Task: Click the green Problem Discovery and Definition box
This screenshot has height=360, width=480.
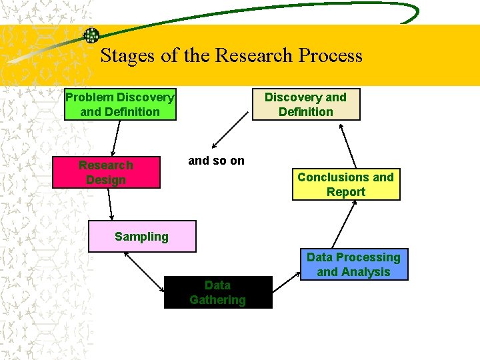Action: (120, 105)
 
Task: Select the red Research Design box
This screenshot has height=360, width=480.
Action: (106, 172)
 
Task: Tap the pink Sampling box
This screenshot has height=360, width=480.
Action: (142, 237)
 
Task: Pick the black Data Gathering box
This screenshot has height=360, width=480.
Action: (218, 292)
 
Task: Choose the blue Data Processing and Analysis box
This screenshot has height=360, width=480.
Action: (353, 265)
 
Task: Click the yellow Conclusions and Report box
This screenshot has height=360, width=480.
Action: (345, 185)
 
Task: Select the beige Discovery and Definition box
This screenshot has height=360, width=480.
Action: (306, 105)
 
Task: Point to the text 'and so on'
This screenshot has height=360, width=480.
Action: (217, 161)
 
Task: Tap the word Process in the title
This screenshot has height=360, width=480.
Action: (331, 56)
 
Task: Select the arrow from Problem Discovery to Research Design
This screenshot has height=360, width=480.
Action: (115, 138)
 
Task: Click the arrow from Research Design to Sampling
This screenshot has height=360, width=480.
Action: (109, 205)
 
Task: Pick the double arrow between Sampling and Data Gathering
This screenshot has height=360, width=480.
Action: (145, 272)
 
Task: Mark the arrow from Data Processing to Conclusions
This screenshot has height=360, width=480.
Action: (345, 225)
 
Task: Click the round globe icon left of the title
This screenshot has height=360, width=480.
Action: (91, 35)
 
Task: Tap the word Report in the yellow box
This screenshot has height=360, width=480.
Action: (345, 192)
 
